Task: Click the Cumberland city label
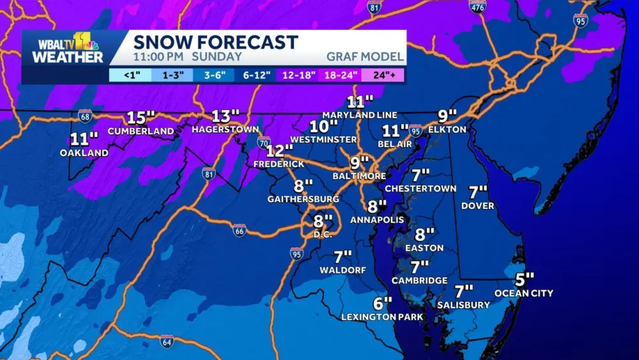141,131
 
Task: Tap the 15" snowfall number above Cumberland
141,118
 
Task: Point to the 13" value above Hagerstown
225,116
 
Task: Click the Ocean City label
524,293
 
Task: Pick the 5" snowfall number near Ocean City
525,279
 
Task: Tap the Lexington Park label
382,317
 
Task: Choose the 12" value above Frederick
279,151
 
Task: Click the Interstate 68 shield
84,115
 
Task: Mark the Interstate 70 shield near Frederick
264,142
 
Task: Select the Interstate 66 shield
240,230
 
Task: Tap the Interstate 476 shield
477,6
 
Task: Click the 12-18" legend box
298,74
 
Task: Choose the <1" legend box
131,74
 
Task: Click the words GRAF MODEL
365,56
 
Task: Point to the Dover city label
477,206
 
